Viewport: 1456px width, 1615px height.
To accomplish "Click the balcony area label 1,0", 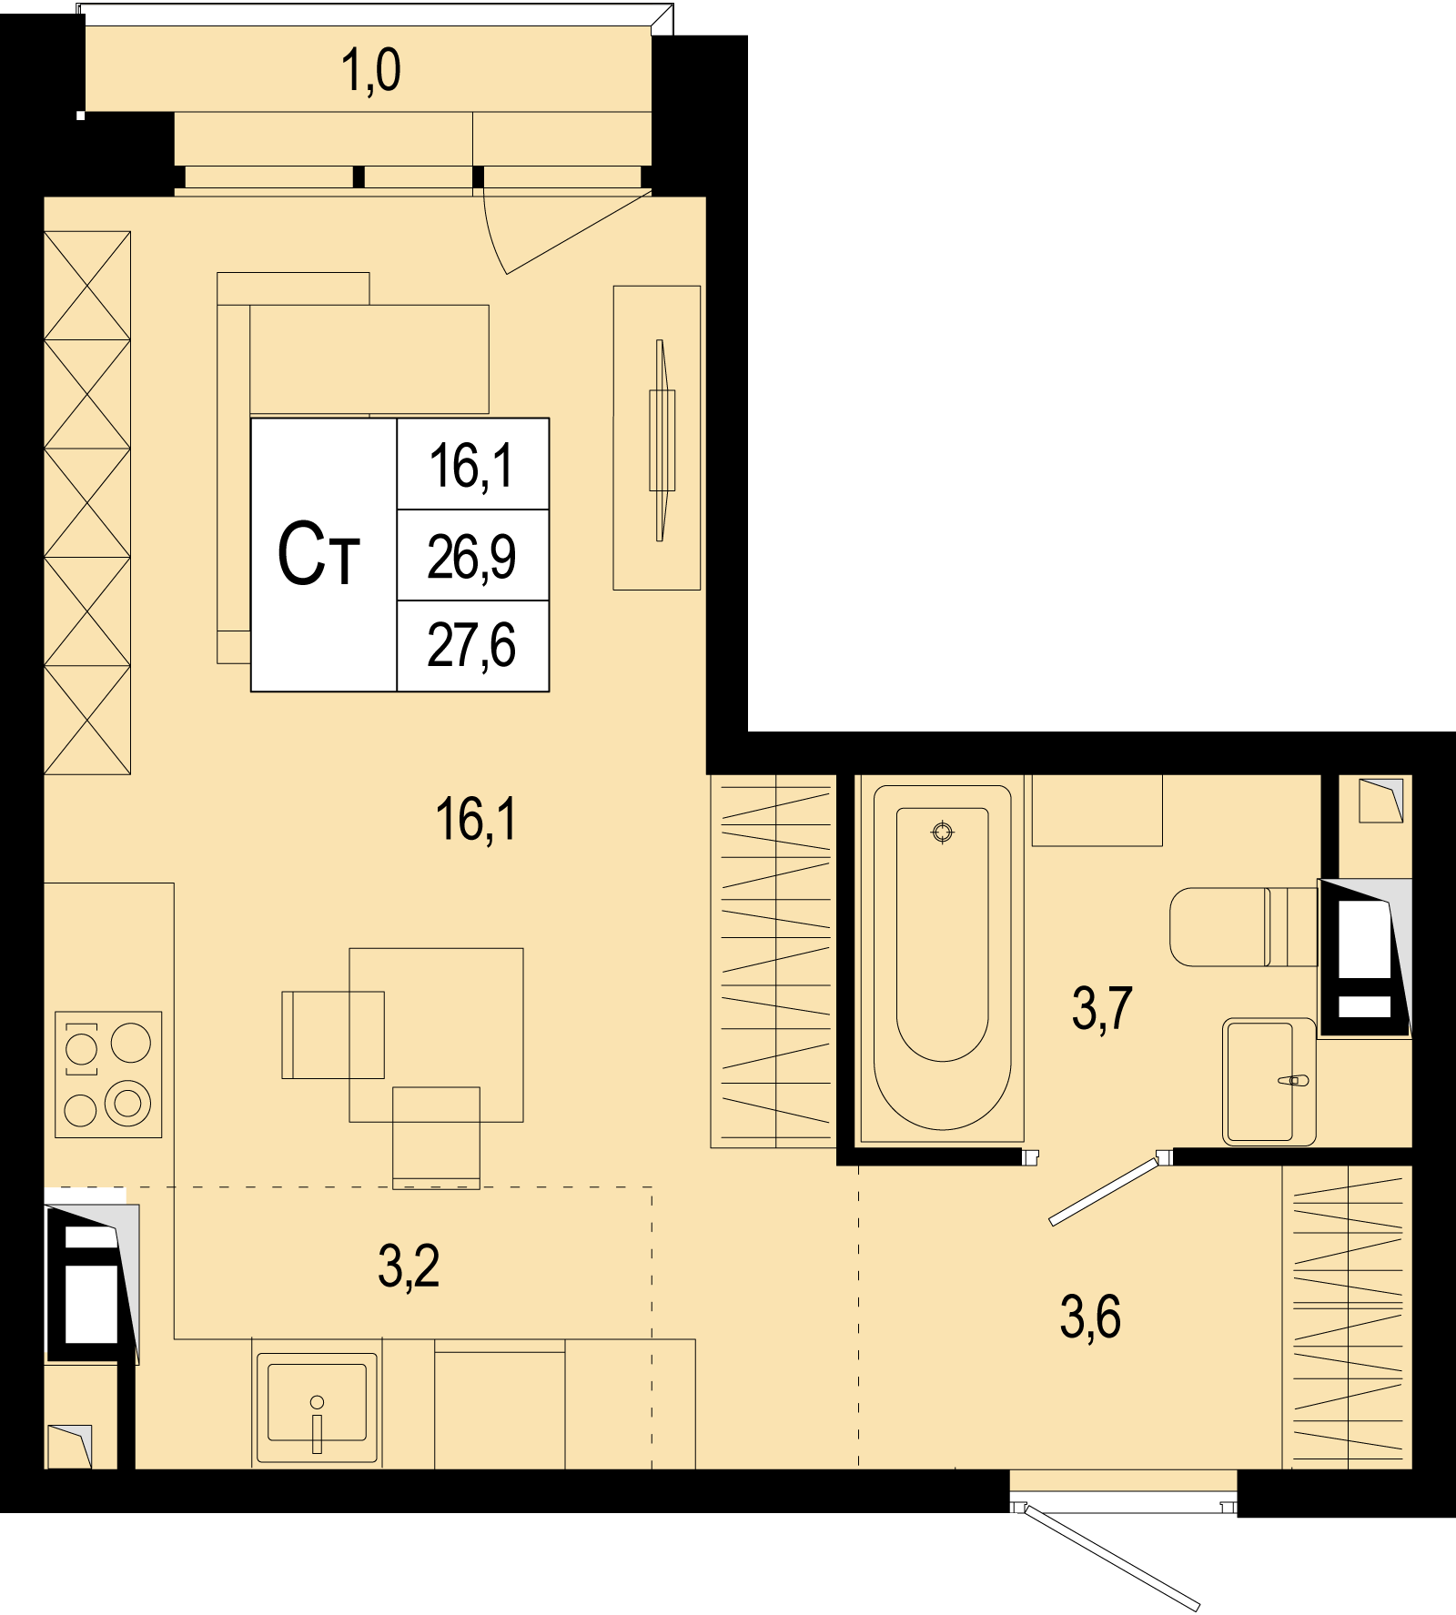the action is (370, 71).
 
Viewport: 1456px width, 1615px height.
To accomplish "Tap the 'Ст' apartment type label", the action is (318, 554).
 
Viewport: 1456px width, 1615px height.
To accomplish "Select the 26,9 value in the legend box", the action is (471, 557).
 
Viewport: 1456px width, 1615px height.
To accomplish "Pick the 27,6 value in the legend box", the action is (471, 646).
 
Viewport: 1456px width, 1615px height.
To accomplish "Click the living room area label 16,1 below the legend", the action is (476, 819).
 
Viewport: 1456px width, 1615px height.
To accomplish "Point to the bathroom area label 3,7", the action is (1102, 1008).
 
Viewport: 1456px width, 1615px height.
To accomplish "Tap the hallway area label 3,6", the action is (1090, 1317).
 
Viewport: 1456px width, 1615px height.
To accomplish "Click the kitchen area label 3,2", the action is (409, 1267).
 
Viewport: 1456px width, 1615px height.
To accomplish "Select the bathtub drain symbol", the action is (943, 832).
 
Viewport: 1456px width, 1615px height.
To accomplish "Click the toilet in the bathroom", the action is (1243, 926).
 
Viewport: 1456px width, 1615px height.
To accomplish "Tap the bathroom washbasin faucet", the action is (1293, 1081).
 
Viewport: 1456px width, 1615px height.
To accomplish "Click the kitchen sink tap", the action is (317, 1425).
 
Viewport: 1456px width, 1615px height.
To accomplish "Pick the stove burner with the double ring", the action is (128, 1103).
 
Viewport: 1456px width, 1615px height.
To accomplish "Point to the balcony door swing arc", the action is (491, 232).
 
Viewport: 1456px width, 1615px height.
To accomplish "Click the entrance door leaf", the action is (1112, 1559).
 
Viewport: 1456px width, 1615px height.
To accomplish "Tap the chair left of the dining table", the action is (333, 1035).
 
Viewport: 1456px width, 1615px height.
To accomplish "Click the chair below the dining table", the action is (436, 1137).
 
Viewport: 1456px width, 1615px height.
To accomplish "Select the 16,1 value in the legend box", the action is (471, 466).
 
